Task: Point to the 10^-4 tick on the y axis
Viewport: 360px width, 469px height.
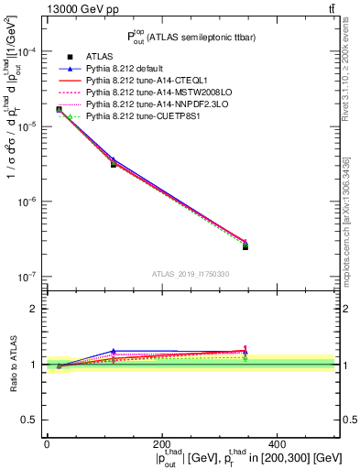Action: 27,52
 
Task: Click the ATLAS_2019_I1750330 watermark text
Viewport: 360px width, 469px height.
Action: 190,274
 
